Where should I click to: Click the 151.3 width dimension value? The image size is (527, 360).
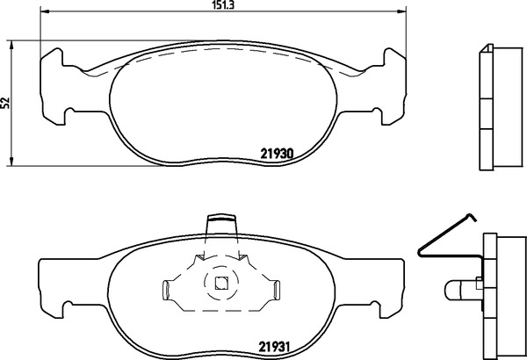223,5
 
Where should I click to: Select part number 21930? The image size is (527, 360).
278,154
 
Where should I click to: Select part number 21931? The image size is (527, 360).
274,346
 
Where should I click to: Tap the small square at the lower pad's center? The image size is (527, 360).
221,283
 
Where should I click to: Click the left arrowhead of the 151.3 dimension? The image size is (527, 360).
45,11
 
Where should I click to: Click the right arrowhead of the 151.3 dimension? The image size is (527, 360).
401,11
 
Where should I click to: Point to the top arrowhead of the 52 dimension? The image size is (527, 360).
11,46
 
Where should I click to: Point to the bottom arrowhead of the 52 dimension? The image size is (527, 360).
11,161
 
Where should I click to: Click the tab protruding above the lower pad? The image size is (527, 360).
221,225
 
